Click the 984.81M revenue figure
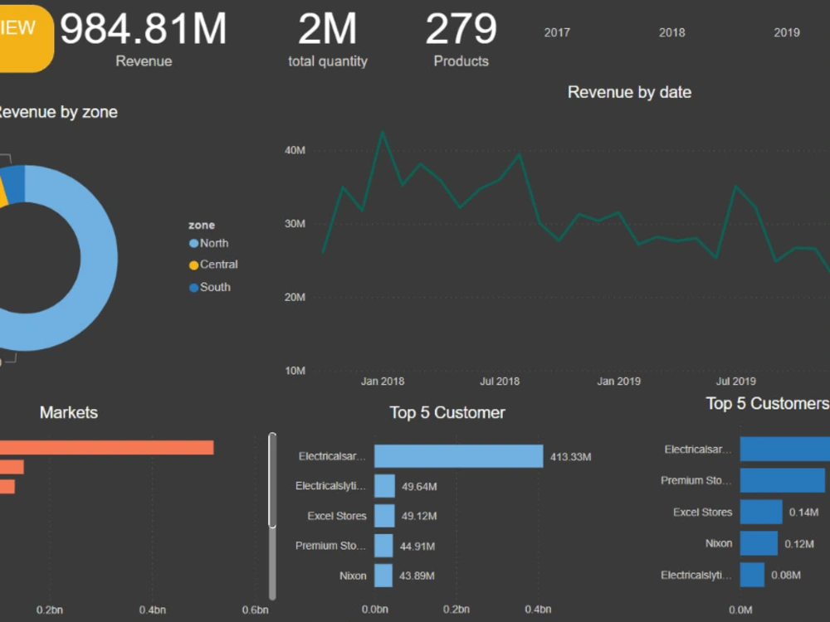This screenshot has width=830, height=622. [x=143, y=29]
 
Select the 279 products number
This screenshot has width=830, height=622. [x=461, y=29]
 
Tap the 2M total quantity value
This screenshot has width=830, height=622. [x=327, y=29]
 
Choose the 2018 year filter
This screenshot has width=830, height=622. [x=671, y=32]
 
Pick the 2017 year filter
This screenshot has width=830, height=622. [x=557, y=32]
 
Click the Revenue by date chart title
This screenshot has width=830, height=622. [x=629, y=92]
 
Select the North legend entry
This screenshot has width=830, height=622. [x=213, y=243]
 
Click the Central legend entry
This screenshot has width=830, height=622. [x=218, y=265]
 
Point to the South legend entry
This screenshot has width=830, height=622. [x=215, y=287]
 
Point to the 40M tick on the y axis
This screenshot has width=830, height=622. [x=295, y=150]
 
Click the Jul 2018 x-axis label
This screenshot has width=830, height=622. [x=500, y=381]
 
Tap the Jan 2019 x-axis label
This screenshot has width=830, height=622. [x=618, y=381]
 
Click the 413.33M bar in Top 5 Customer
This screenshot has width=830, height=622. [x=458, y=456]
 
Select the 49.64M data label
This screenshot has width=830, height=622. [x=419, y=486]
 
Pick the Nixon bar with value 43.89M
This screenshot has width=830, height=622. [x=383, y=576]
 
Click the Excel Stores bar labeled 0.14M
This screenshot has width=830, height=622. [x=761, y=512]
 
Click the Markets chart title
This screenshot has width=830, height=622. [x=69, y=412]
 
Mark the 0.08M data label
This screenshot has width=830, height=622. [x=785, y=575]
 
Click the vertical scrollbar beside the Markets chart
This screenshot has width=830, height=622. [x=272, y=481]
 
